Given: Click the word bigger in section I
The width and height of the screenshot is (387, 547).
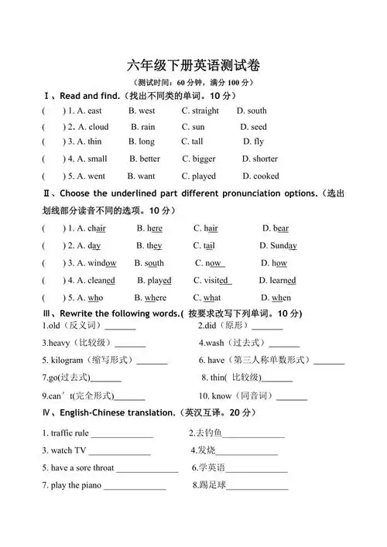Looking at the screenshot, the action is (x=204, y=159).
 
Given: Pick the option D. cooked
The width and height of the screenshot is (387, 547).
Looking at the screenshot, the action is (x=256, y=176).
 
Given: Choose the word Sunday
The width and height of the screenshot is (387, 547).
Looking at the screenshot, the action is (x=283, y=246).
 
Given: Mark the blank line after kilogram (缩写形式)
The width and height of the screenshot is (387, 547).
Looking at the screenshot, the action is (x=152, y=361).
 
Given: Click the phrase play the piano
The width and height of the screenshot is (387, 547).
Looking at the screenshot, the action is (x=75, y=486).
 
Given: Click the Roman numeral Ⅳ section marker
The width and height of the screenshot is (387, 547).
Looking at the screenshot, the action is (x=46, y=413).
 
